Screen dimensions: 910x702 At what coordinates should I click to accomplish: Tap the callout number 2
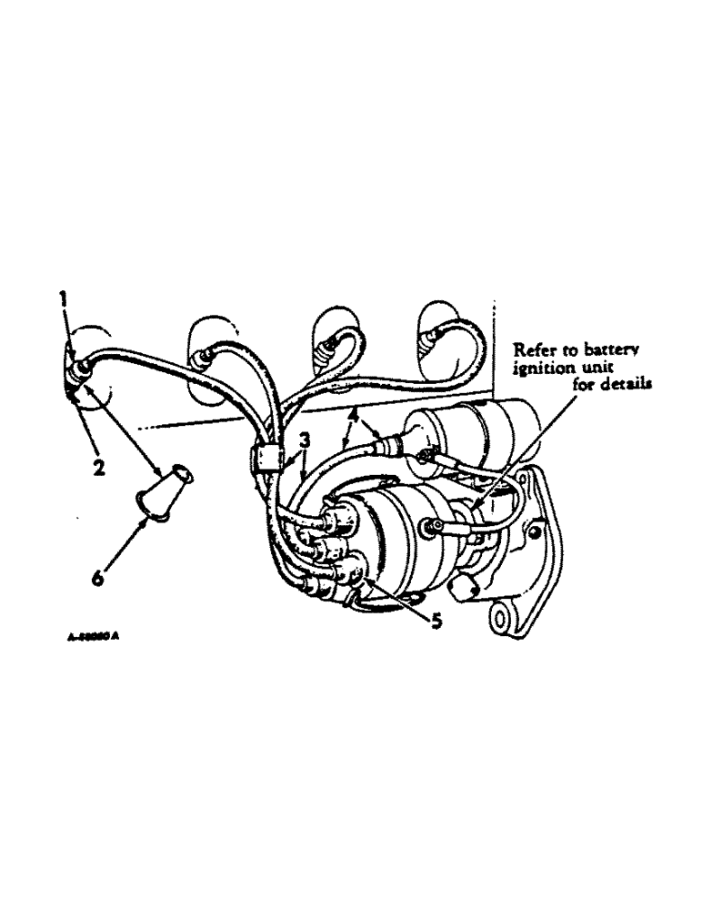[x=97, y=468]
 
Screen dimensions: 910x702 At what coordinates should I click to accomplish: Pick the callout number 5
[x=436, y=622]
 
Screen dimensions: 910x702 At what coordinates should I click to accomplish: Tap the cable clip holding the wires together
[x=264, y=456]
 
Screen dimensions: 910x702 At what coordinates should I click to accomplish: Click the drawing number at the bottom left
[x=94, y=637]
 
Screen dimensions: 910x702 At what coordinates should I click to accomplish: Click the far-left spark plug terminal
[x=78, y=367]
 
